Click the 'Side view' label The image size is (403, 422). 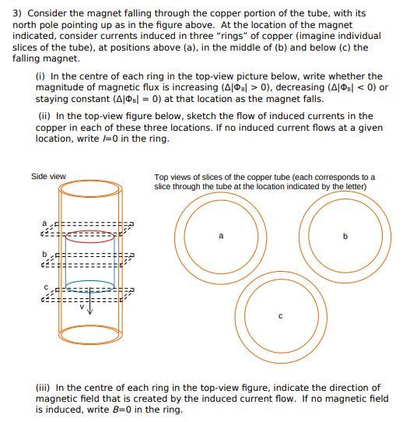[x=48, y=176]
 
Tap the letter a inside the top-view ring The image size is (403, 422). [x=221, y=235]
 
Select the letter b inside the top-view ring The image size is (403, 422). [x=345, y=235]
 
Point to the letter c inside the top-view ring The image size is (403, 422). [x=280, y=317]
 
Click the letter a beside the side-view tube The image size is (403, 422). [x=45, y=223]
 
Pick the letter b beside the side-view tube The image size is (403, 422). [x=45, y=254]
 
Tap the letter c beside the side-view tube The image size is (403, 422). [x=45, y=287]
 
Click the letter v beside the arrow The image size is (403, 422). [x=82, y=306]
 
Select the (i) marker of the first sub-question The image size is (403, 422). [x=40, y=76]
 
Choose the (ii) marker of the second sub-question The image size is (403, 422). [x=42, y=116]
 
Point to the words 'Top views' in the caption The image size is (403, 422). [x=172, y=177]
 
